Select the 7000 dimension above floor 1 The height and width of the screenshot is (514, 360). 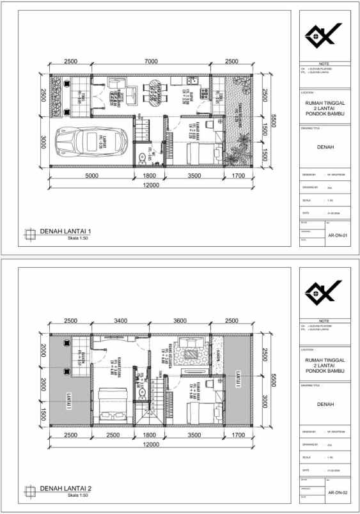tap(151, 61)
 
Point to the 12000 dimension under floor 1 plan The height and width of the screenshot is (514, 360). tap(151, 185)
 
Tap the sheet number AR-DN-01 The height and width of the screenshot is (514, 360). tap(336, 235)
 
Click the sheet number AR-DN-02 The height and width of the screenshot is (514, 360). tap(336, 493)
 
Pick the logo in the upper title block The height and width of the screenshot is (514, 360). tap(324, 36)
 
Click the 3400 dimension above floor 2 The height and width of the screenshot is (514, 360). tap(121, 321)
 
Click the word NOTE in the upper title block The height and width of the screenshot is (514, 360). tap(324, 64)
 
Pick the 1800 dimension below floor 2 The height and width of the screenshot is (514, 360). tap(148, 435)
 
